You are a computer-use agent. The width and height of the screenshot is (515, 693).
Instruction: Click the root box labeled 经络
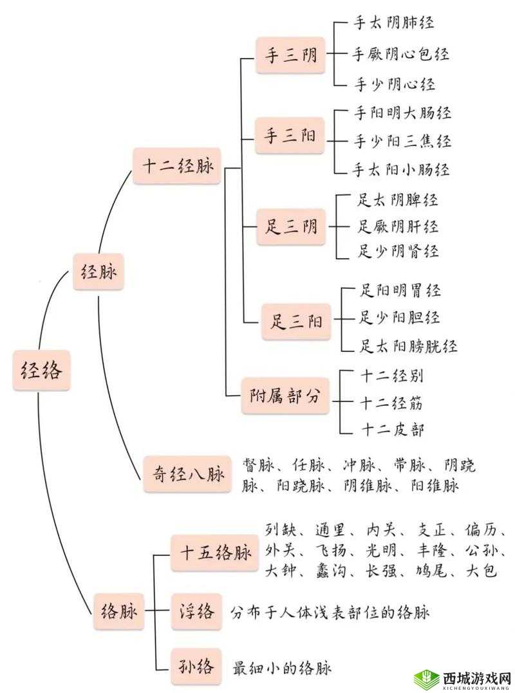point(41,371)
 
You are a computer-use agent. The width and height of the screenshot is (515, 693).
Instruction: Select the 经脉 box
point(98,272)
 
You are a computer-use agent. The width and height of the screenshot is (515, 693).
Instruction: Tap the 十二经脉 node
point(178,166)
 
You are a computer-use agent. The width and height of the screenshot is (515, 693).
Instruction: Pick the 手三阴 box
point(290,55)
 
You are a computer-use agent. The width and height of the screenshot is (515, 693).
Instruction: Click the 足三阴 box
point(291,226)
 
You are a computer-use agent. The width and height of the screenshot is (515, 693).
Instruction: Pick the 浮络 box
point(197,612)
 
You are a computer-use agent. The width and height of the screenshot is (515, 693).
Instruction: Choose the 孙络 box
point(197,667)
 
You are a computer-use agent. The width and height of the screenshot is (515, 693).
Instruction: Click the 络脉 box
point(120,612)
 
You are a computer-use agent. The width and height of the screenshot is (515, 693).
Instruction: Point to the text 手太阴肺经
point(394,23)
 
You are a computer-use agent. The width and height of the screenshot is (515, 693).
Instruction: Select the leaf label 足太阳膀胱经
point(408,346)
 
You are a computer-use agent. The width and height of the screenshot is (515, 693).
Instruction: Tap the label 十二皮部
point(393,430)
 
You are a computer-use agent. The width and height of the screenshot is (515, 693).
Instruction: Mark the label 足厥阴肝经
point(398,226)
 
